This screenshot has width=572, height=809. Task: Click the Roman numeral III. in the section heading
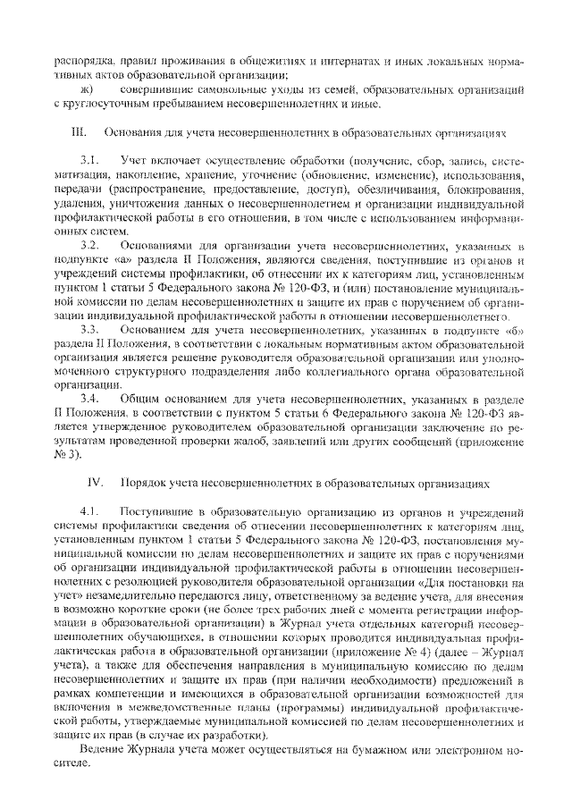point(78,132)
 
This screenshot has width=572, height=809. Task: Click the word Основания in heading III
point(135,132)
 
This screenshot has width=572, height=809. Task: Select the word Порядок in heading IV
point(141,483)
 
